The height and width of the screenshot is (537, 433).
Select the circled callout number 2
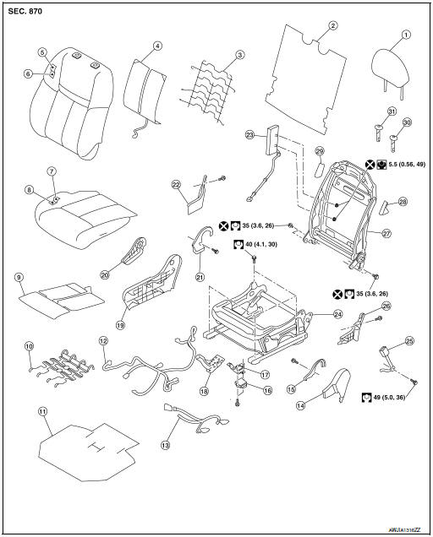[332, 26]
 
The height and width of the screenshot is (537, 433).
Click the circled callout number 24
[315, 313]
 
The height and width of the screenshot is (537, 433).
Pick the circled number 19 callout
[121, 322]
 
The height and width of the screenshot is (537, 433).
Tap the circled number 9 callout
[19, 276]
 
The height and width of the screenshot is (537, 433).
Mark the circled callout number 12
[103, 341]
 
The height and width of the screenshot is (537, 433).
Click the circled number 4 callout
[157, 46]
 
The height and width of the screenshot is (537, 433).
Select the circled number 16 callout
[268, 391]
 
